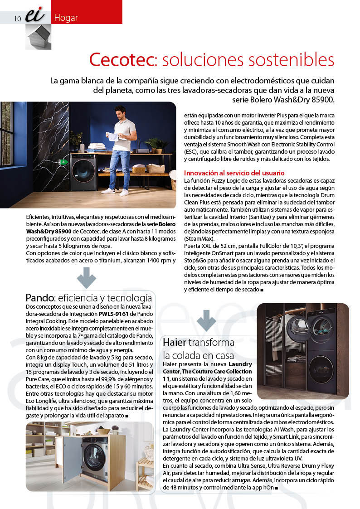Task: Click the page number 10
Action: tap(18, 19)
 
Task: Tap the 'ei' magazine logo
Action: tap(35, 16)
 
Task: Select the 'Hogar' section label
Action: tap(66, 18)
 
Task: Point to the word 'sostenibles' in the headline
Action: tap(291, 60)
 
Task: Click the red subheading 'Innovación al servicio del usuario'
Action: tap(234, 173)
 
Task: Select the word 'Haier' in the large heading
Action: tap(174, 342)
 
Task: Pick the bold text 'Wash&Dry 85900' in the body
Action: tap(45, 231)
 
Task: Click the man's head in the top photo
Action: tap(120, 111)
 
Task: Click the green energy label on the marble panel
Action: tap(63, 161)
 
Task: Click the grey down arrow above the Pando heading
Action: tap(86, 278)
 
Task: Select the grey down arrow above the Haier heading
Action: tap(206, 320)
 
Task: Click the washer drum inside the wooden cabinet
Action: tap(96, 455)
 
